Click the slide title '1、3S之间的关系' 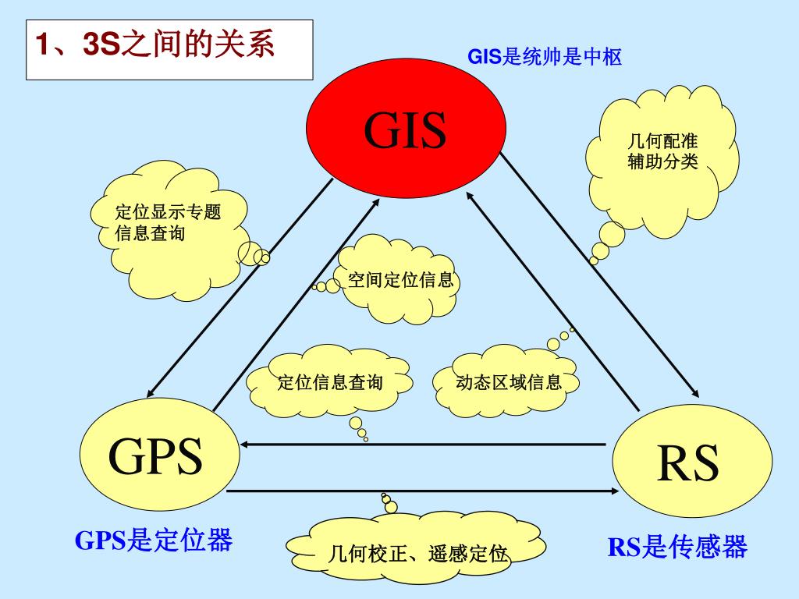[156, 46]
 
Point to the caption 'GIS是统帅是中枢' [544, 57]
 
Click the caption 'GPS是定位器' [154, 540]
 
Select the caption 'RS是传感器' [677, 547]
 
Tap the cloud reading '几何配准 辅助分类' [662, 156]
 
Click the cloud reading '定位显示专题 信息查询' [167, 222]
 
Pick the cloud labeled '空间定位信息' [400, 280]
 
